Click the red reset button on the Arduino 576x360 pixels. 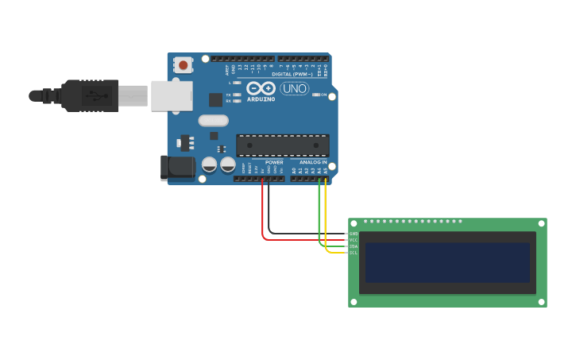coord(184,65)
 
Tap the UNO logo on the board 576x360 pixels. coord(294,88)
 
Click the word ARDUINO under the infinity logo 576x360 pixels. coord(261,99)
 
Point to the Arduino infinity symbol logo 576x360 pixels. coord(261,88)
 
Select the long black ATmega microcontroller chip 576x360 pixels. coord(283,145)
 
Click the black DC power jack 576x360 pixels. coord(178,167)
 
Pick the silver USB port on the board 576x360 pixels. coord(172,95)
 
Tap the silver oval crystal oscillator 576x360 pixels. coord(213,121)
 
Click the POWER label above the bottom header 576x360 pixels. coord(274,162)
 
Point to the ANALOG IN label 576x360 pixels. coord(313,162)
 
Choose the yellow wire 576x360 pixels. coord(326,223)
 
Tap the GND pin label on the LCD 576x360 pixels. coord(354,234)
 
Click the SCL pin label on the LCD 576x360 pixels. coord(354,253)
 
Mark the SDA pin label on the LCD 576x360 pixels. coord(354,246)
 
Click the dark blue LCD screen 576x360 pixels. coord(447,262)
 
